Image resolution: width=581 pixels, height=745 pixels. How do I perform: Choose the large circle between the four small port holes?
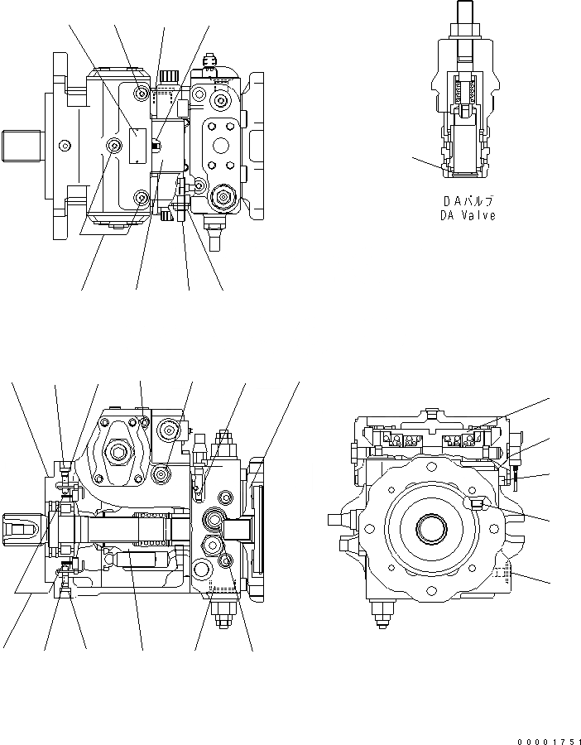click(x=223, y=146)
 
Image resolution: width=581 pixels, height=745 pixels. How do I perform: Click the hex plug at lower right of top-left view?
click(x=221, y=198)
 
